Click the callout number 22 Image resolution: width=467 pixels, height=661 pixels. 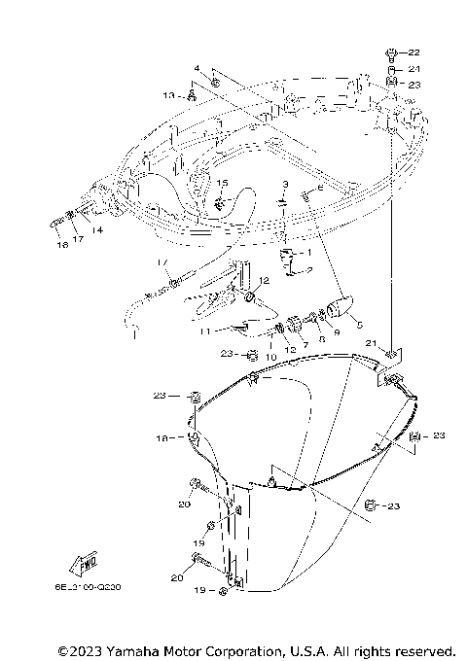413,52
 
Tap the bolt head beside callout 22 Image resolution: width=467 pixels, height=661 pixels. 391,51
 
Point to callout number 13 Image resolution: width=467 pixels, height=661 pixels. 167,95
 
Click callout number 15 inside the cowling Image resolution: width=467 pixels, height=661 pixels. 222,184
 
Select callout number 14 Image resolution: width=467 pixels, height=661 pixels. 98,230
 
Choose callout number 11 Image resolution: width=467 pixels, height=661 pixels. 206,331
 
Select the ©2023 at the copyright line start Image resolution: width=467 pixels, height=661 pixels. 81,650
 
